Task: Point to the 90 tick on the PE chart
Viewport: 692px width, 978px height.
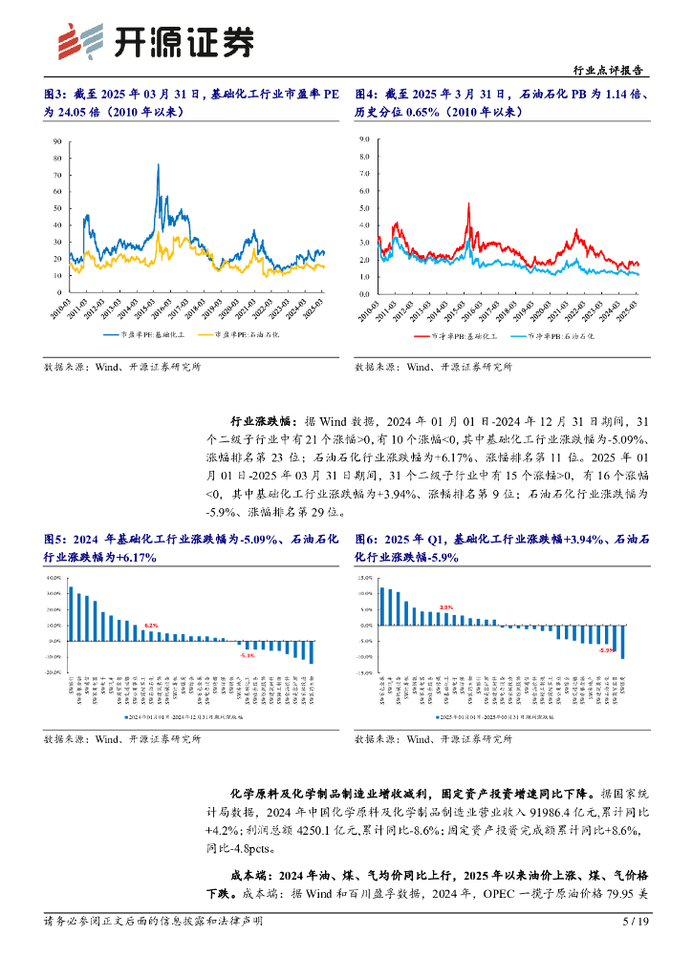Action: (x=57, y=140)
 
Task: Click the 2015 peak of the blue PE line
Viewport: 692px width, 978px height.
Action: (x=157, y=166)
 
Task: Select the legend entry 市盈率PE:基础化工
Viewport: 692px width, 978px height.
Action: (x=154, y=334)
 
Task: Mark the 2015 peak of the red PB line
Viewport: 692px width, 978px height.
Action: (x=468, y=203)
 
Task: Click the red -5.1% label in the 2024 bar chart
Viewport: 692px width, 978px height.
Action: (x=248, y=656)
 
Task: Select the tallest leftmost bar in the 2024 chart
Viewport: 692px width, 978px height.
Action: (x=71, y=613)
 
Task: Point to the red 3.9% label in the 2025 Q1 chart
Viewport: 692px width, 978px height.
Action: (x=445, y=607)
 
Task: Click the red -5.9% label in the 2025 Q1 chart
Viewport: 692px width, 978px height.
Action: (x=606, y=649)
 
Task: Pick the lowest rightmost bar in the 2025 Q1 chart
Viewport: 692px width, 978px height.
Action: (x=623, y=643)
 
